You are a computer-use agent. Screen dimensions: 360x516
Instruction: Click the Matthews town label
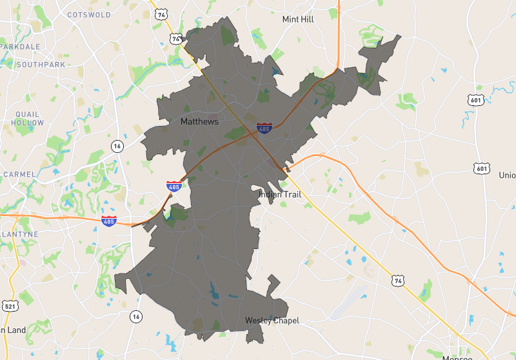pos(199,121)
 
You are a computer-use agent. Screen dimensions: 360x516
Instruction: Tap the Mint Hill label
pos(298,19)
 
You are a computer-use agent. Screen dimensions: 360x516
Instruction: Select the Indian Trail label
pos(280,194)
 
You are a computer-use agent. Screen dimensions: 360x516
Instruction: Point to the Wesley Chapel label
pos(272,321)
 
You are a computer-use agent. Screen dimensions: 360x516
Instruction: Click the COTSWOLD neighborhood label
pos(89,14)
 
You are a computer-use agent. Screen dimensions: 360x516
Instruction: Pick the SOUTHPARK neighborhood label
pos(41,65)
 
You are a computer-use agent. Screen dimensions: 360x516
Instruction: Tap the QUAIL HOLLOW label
pos(27,118)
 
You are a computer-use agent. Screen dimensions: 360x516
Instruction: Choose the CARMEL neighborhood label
pos(19,174)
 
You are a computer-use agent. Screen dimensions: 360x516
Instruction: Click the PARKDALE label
pos(21,46)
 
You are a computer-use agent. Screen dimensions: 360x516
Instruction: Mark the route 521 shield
pos(9,305)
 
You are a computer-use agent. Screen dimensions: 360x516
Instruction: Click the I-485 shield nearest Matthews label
pos(264,128)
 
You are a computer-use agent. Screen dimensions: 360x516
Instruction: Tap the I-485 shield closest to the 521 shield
pos(108,221)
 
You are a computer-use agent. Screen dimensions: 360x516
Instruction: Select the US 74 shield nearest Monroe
pos(397,281)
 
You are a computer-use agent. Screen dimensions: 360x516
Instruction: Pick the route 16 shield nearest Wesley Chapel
pos(135,316)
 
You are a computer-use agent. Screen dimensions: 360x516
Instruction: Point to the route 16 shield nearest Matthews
pos(117,146)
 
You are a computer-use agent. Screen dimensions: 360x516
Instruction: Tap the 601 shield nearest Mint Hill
pos(476,100)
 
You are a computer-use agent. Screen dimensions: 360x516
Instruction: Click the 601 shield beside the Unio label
pos(481,168)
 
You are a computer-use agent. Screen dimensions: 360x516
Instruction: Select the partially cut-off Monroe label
pos(457,357)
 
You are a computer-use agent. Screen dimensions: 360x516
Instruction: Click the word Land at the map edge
pos(16,330)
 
